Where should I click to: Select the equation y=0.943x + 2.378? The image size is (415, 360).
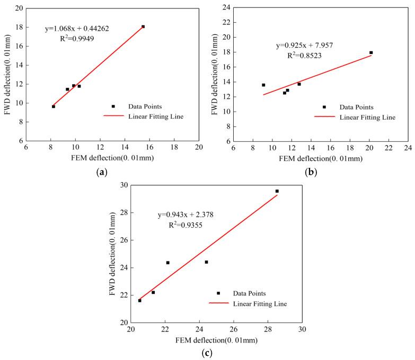[193, 214]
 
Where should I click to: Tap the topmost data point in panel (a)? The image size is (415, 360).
[143, 26]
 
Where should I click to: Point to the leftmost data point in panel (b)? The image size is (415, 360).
[263, 85]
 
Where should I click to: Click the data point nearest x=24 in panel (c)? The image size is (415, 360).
[206, 262]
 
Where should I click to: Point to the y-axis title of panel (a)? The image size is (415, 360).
[9, 75]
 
